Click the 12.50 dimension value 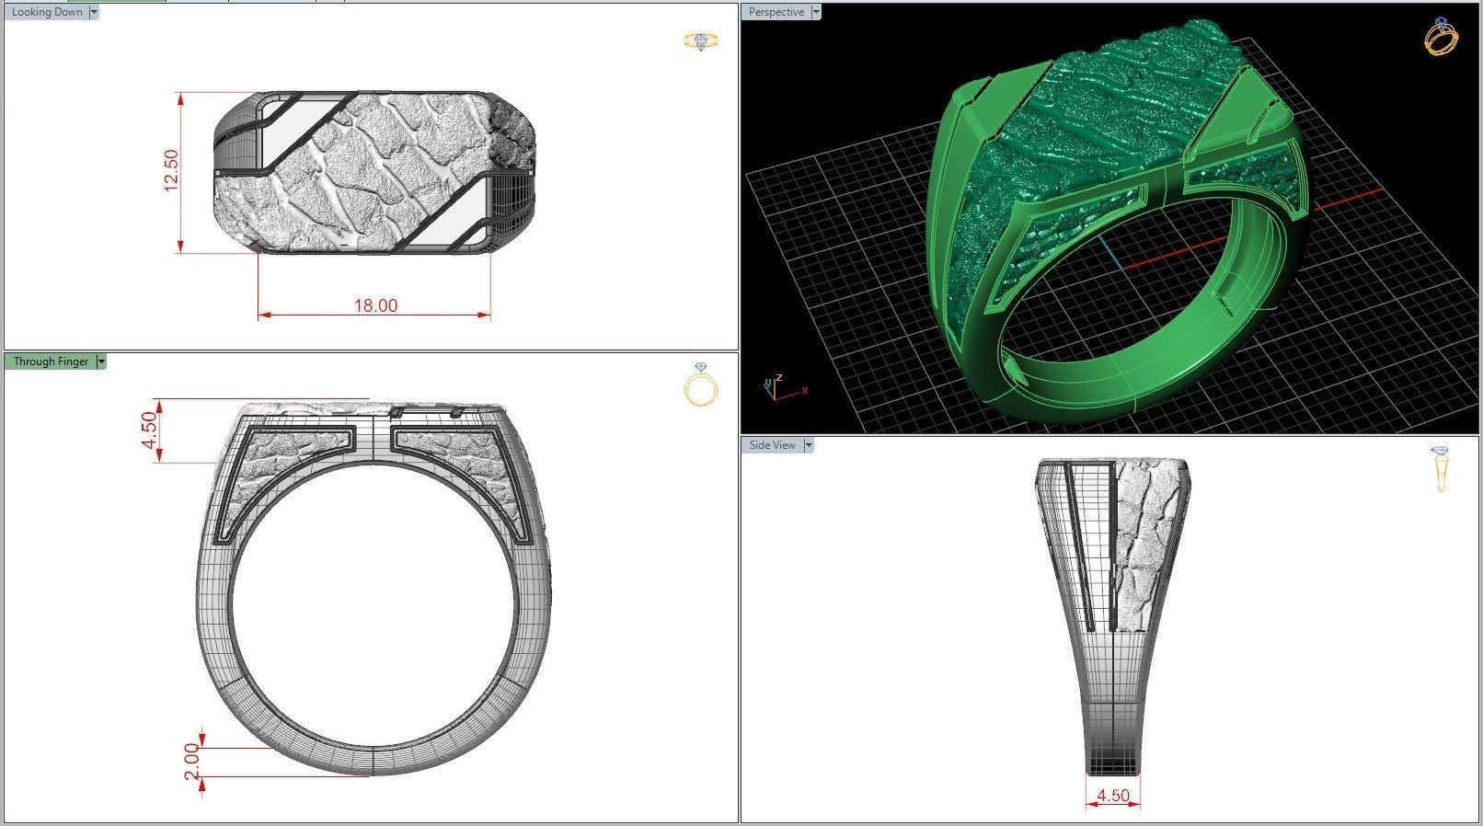point(170,171)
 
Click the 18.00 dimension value point(375,305)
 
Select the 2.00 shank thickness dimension point(191,762)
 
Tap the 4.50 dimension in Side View point(1113,795)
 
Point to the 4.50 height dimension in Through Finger point(149,430)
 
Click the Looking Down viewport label point(46,12)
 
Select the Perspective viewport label point(776,12)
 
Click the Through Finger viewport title point(51,361)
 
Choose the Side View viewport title point(772,445)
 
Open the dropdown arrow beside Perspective point(816,12)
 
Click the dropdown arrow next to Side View point(809,445)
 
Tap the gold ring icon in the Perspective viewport point(1441,38)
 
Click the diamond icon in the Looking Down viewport point(701,41)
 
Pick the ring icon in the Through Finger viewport point(701,386)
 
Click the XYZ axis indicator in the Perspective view point(778,388)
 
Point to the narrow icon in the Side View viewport point(1441,468)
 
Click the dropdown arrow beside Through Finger point(101,361)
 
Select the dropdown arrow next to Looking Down point(93,12)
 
